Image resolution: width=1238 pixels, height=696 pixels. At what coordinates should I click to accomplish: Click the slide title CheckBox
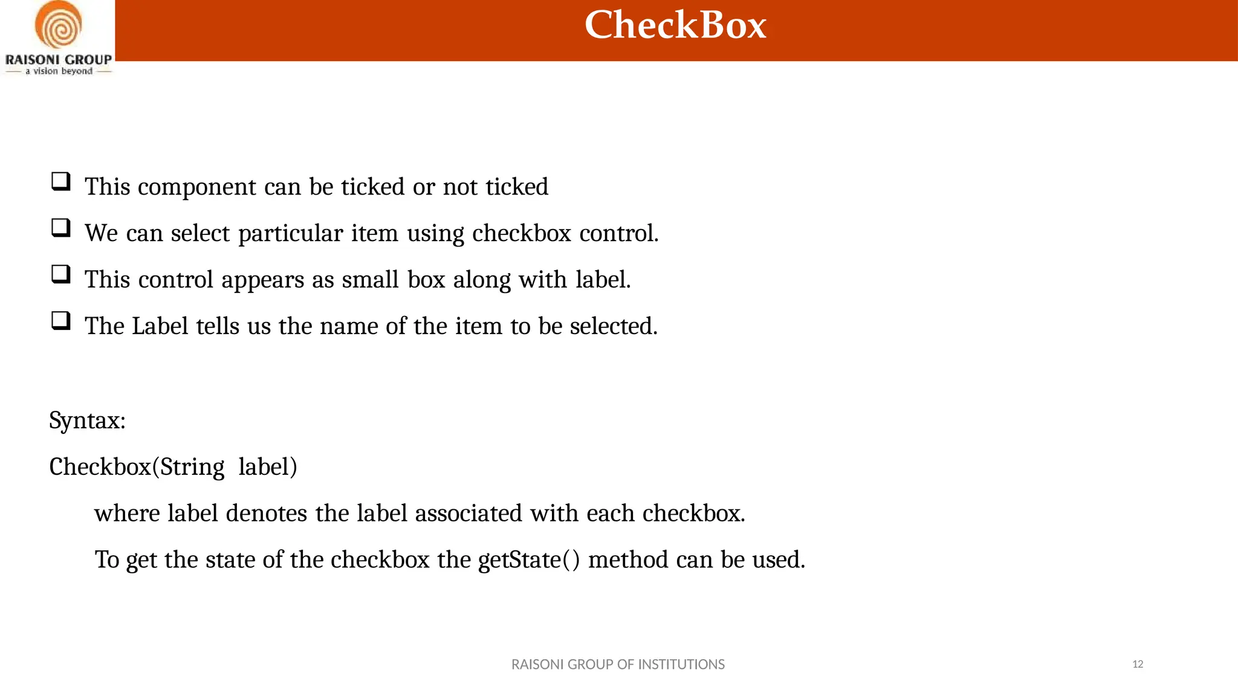click(675, 25)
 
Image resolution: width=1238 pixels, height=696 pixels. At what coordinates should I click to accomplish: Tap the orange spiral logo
click(58, 25)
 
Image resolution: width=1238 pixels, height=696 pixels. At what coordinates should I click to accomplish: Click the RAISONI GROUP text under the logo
click(59, 60)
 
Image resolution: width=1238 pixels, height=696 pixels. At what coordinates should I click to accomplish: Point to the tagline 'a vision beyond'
click(59, 71)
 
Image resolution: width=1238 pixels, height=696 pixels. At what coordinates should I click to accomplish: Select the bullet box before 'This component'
click(61, 181)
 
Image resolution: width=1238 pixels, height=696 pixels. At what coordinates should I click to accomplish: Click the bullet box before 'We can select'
click(61, 228)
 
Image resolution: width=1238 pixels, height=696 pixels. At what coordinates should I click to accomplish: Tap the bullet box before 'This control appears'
click(61, 274)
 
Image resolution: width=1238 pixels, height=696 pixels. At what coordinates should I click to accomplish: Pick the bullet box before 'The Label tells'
click(61, 320)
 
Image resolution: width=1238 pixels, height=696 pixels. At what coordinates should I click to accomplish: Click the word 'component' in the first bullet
click(197, 187)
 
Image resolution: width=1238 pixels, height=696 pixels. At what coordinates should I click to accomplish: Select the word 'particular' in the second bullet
click(291, 234)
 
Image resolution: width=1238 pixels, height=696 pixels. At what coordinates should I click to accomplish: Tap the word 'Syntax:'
click(88, 420)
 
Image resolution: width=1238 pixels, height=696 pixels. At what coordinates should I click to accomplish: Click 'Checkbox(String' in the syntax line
click(137, 467)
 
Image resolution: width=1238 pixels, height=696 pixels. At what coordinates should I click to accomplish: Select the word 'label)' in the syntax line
click(268, 467)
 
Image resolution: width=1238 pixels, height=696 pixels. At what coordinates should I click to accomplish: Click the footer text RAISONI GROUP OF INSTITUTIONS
click(618, 665)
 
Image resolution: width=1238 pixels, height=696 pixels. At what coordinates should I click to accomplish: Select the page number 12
click(1138, 665)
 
